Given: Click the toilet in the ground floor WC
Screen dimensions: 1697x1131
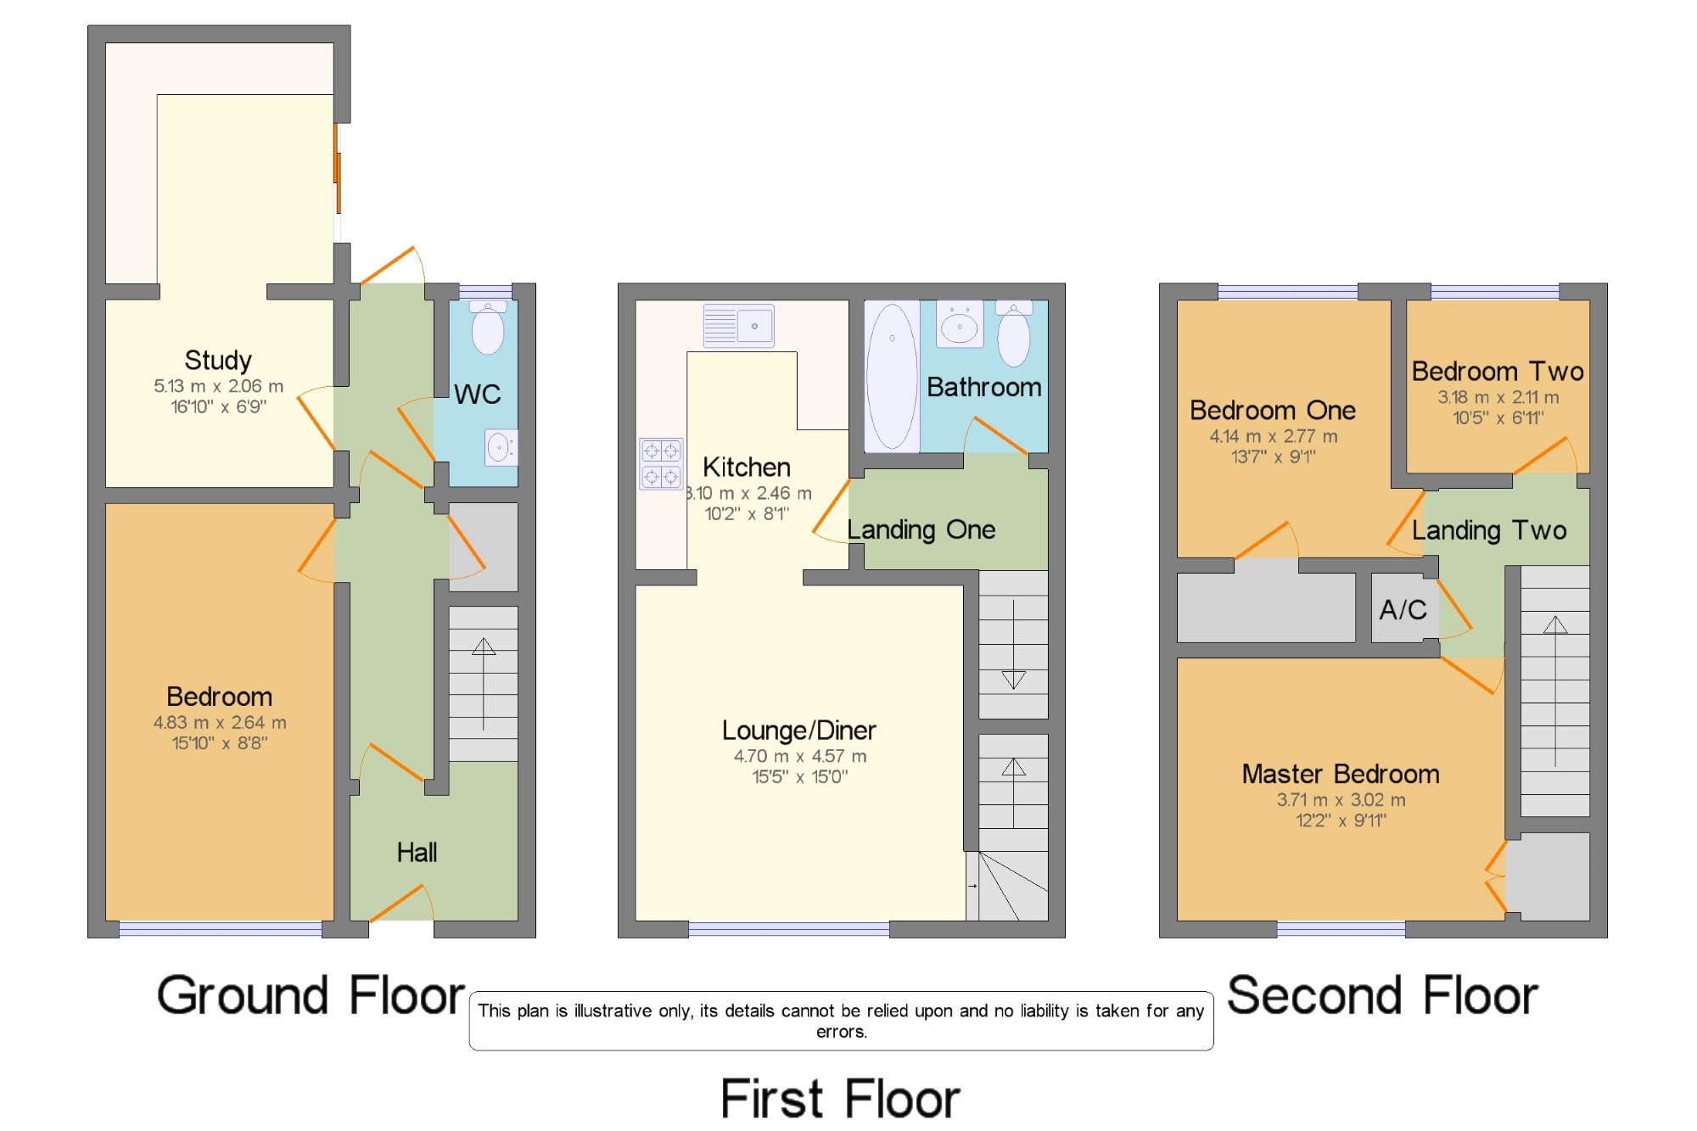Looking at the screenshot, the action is pyautogui.click(x=488, y=328).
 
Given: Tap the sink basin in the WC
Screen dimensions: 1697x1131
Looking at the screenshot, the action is pyautogui.click(x=501, y=447).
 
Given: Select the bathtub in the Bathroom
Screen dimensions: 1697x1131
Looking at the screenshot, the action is pyautogui.click(x=892, y=376).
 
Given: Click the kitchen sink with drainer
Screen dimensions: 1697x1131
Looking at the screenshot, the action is pyautogui.click(x=739, y=326).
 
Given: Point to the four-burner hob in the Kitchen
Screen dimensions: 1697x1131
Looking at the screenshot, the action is pyautogui.click(x=661, y=463).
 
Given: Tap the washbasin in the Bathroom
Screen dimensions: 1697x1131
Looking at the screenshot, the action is pyautogui.click(x=960, y=324).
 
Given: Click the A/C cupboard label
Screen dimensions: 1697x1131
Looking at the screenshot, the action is pyautogui.click(x=1403, y=609).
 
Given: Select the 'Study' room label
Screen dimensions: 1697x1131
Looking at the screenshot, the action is pyautogui.click(x=218, y=361).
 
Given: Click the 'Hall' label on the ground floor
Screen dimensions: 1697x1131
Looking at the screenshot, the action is pyautogui.click(x=417, y=852).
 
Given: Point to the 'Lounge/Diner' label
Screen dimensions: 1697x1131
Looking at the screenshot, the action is pyautogui.click(x=798, y=730).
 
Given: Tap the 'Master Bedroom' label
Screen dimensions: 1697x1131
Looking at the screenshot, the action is pyautogui.click(x=1341, y=774).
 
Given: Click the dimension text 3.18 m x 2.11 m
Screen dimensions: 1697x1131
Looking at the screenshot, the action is pyautogui.click(x=1498, y=397).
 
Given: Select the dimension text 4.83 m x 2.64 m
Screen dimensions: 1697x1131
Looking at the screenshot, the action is pyautogui.click(x=220, y=723).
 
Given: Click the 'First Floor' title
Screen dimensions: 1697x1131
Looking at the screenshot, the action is pyautogui.click(x=840, y=1099).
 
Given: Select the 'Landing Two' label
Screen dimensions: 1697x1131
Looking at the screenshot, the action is pyautogui.click(x=1489, y=530).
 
